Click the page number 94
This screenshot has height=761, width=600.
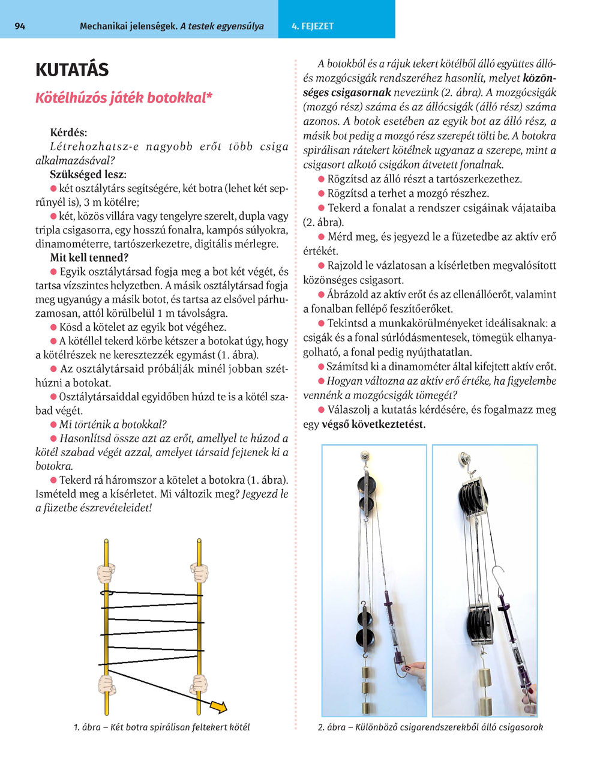[19, 26]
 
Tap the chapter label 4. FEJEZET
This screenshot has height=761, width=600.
[313, 26]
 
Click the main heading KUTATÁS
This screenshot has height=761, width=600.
[72, 70]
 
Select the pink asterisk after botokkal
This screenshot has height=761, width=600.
[209, 97]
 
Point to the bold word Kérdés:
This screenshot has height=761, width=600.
[68, 133]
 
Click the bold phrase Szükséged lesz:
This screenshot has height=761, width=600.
[88, 175]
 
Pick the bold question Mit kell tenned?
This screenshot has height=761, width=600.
[89, 258]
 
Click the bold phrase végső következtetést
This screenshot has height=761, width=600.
[374, 424]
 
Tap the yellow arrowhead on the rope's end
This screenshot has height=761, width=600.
[221, 707]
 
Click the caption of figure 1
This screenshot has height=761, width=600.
[162, 727]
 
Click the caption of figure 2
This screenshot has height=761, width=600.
[430, 727]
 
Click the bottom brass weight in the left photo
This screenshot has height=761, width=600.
[367, 702]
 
